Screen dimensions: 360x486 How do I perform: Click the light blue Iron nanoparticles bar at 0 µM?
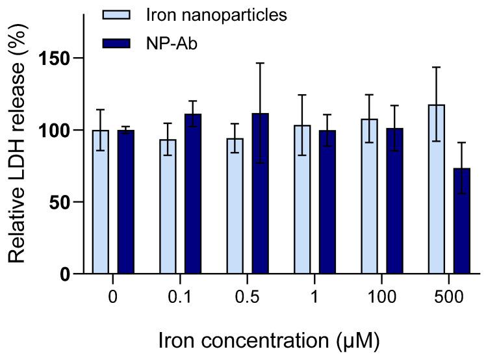tap(101, 202)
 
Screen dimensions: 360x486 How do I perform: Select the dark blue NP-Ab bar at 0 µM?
tap(125, 202)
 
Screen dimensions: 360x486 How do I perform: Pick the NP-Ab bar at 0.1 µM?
tap(193, 194)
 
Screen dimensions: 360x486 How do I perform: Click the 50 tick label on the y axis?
tap(58, 202)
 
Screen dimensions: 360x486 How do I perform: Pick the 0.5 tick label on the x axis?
tap(248, 298)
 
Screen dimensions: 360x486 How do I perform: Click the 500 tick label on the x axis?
tap(449, 298)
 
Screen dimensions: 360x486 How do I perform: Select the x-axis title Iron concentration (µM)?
tap(267, 339)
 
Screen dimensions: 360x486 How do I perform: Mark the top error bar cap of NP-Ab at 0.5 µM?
tap(260, 63)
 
